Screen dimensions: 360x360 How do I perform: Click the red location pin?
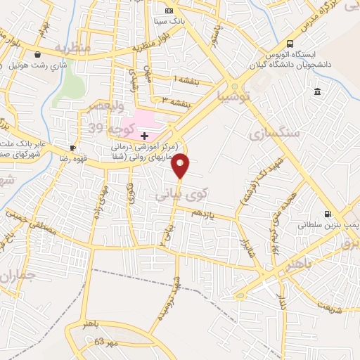pos(181,165)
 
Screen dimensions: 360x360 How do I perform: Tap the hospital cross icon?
pos(144,134)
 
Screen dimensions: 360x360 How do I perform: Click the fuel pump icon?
pos(327,214)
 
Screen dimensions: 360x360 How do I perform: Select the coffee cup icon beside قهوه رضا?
pos(73,148)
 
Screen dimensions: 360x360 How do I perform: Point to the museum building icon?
pos(318,92)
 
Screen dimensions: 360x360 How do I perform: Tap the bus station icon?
pos(268,54)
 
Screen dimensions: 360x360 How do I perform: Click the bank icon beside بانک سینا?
pos(169,11)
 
